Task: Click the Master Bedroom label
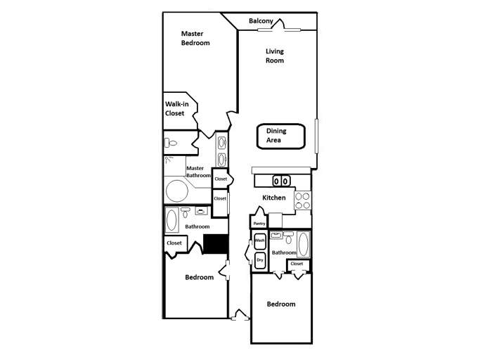195,38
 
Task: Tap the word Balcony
261,21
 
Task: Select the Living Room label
275,56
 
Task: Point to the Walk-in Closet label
176,108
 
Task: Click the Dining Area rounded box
280,136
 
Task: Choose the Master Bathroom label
198,172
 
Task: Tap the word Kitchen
274,198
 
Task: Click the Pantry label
259,224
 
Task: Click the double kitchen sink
281,181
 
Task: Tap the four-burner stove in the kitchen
303,201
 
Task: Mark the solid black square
216,243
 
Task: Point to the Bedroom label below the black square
199,277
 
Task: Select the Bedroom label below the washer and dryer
281,304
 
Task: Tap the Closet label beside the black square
174,243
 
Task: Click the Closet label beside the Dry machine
297,264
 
